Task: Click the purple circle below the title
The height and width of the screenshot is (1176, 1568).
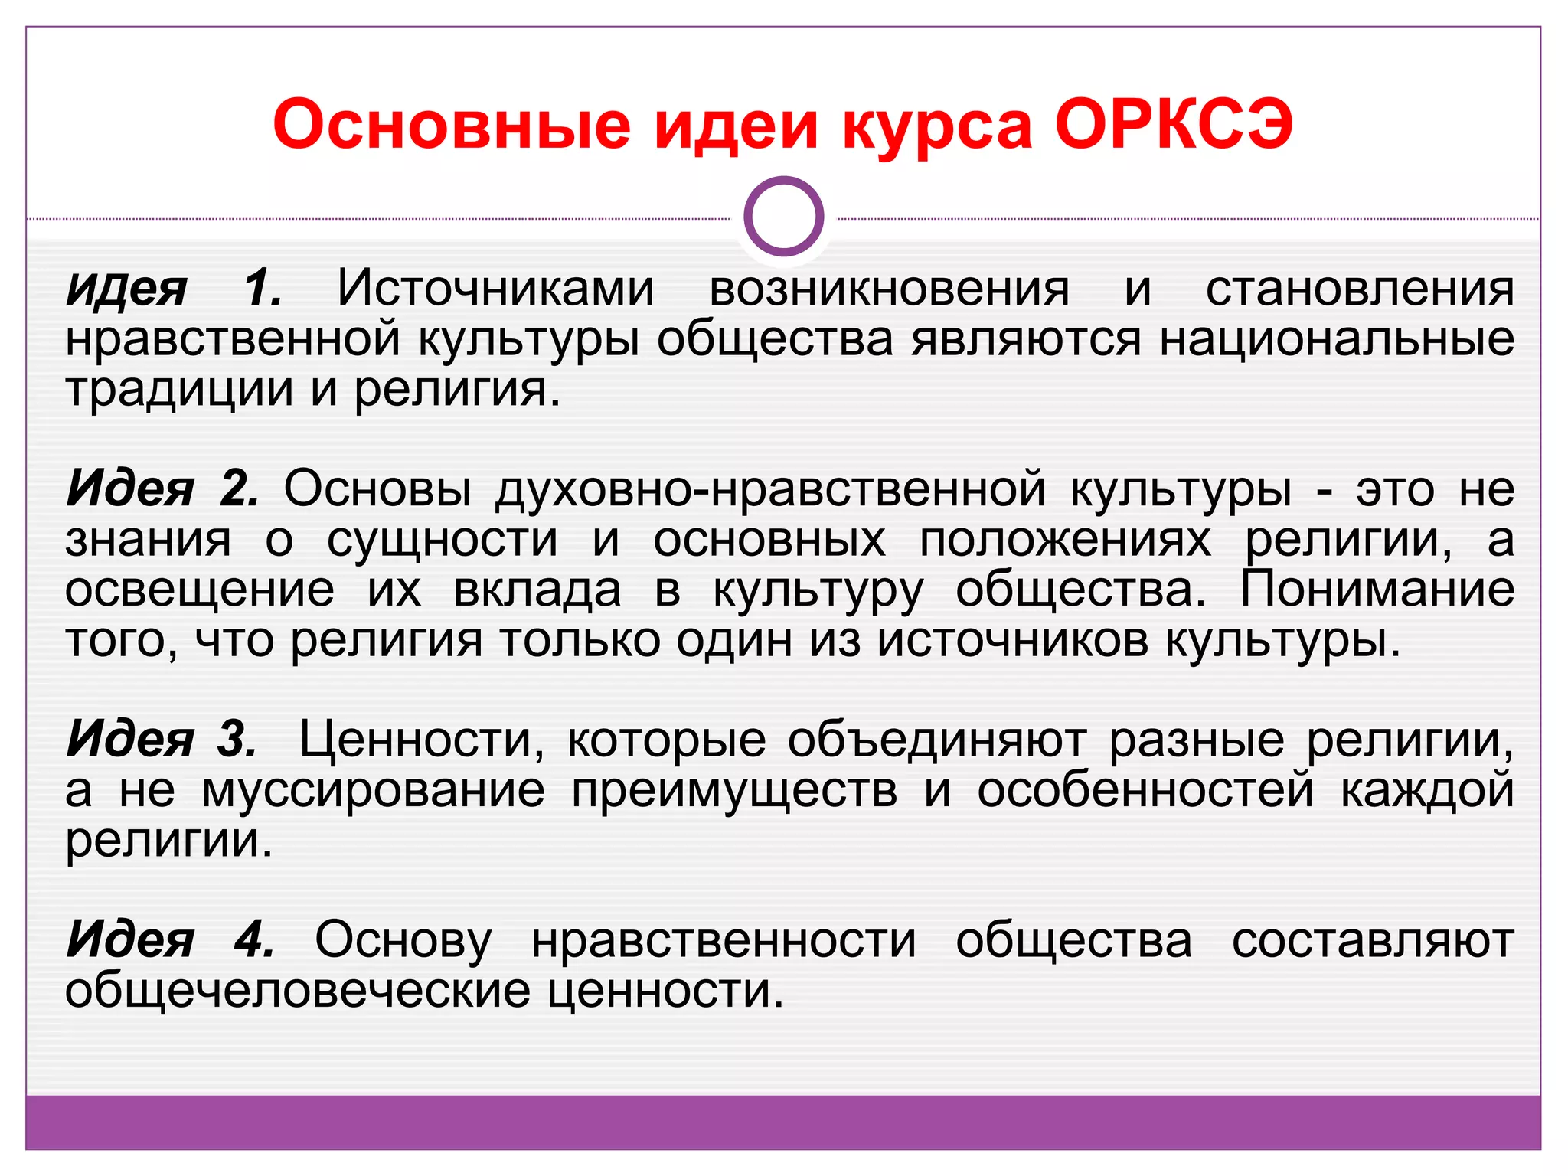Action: (783, 216)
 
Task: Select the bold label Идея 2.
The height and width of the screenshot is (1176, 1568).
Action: (163, 488)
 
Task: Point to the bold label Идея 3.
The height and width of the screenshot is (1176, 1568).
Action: (162, 740)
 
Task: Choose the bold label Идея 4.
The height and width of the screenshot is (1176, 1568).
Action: (170, 939)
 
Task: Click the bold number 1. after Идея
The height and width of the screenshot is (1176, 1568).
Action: (263, 289)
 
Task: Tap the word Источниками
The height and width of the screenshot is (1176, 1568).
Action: (496, 289)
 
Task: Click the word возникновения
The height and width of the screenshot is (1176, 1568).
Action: (890, 289)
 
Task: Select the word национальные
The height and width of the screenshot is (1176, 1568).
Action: (1337, 339)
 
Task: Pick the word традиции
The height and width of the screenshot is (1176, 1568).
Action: (179, 390)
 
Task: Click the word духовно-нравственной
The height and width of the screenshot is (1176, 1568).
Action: (770, 488)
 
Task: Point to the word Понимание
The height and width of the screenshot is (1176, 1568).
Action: (1377, 590)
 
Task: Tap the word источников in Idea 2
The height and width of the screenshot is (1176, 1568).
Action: (1012, 640)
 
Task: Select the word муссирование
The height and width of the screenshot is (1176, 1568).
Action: (374, 790)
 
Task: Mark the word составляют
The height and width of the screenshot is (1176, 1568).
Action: (1373, 941)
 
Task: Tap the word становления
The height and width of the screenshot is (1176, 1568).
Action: (1360, 289)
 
